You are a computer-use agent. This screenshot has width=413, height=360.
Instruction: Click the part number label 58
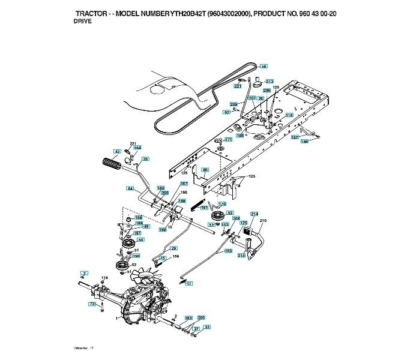pos(264,67)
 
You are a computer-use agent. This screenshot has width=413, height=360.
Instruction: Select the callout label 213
pos(269,82)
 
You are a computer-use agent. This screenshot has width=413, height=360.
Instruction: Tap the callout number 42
pos(118,151)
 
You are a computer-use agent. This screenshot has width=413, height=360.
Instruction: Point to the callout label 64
pos(130,188)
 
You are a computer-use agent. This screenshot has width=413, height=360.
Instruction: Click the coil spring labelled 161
pos(197,204)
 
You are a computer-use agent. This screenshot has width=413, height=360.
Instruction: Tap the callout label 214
pos(254,214)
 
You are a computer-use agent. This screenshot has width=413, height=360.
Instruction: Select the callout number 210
pos(262,221)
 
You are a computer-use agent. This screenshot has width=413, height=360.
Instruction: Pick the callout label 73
pos(92,305)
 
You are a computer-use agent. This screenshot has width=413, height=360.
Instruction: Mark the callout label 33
pos(207,328)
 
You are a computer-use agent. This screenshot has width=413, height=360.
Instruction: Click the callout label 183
pos(188,318)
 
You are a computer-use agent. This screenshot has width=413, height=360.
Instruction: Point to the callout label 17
pos(189,283)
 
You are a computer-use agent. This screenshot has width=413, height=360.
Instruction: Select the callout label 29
pos(174,248)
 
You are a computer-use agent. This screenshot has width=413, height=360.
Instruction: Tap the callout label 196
pos(304,142)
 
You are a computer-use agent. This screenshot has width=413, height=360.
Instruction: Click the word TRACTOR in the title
pos(94,13)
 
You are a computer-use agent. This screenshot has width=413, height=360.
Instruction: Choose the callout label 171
pos(228,140)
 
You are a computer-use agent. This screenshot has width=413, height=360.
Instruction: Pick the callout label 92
pos(227,112)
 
